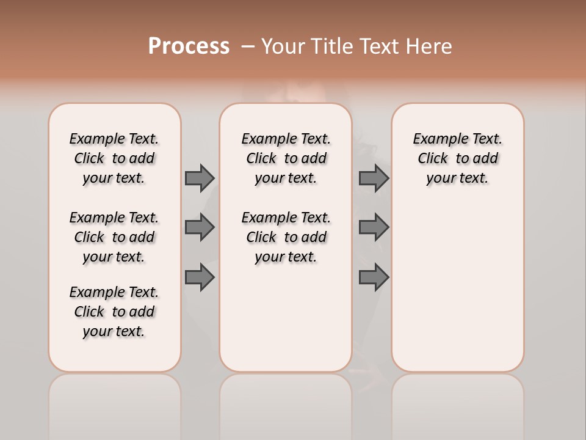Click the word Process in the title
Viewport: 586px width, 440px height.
189,46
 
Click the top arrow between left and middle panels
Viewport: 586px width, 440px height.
200,178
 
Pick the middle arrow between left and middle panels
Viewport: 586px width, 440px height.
200,227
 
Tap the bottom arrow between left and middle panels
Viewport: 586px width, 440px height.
200,277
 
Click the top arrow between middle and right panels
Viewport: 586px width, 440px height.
374,178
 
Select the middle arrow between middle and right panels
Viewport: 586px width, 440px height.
374,227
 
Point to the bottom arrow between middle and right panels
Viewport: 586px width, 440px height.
374,277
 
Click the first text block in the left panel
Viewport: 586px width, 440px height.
114,158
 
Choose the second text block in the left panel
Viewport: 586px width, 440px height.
114,237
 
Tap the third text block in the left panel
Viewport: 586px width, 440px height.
114,312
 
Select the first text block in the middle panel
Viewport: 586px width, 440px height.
286,158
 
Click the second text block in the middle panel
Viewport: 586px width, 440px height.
286,237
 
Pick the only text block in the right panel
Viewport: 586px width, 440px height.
457,158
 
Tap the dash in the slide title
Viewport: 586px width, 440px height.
248,46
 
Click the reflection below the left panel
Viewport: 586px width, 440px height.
115,403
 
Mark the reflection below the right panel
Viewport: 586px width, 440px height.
458,403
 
